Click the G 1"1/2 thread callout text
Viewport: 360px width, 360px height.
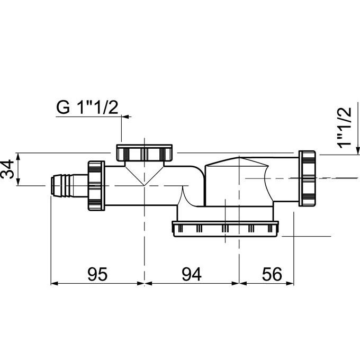[x=87, y=107]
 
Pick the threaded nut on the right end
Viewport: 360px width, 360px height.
[x=308, y=178]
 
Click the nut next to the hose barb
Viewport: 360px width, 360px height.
[x=96, y=185]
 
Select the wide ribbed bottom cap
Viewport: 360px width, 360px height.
[x=226, y=229]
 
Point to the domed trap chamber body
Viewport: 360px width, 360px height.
[x=238, y=180]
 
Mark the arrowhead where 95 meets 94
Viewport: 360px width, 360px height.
[x=144, y=283]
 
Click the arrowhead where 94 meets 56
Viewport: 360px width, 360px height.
[x=239, y=283]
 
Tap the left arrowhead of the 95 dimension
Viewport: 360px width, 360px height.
[x=53, y=283]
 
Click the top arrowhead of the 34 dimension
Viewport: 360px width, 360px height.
[x=18, y=156]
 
